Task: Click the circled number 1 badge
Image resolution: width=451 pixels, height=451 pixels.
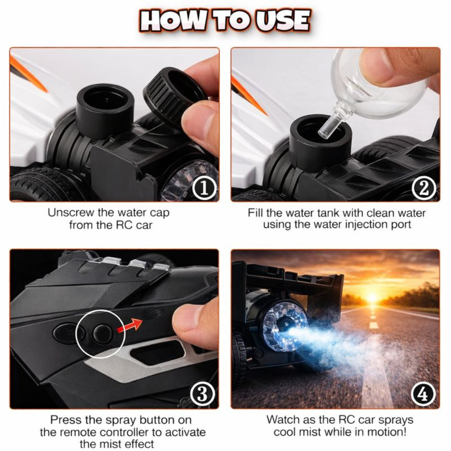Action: [x=204, y=189]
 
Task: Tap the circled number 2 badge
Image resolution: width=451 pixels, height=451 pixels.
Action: [x=423, y=189]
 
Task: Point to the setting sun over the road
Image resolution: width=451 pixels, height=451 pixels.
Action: [x=372, y=298]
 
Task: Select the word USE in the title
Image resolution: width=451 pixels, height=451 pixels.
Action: [x=283, y=21]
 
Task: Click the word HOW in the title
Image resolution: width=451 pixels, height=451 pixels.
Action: [x=173, y=21]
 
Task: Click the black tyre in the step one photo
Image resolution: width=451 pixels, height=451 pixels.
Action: [x=46, y=184]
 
